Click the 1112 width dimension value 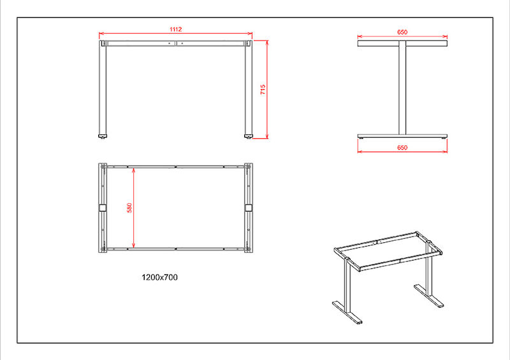point(176,29)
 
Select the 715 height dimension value point(263,89)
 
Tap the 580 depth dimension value point(129,208)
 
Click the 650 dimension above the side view point(402,32)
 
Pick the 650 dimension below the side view point(402,148)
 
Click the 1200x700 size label point(160,277)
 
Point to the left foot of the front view point(103,136)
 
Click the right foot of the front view point(249,136)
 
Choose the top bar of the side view point(402,43)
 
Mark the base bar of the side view point(402,136)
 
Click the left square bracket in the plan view point(103,208)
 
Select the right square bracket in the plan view point(249,208)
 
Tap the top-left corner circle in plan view point(103,167)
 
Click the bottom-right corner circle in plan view point(249,249)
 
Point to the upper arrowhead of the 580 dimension point(134,170)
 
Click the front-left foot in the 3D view point(347,312)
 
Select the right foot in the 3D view point(429,296)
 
